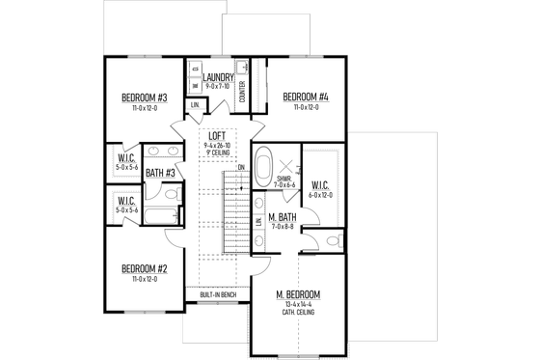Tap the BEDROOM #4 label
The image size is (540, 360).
305,97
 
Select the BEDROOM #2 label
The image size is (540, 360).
144,269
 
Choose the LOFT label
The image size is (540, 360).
217,137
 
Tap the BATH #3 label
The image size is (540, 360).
159,174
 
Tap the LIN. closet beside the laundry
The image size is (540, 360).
196,104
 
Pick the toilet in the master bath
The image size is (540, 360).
331,240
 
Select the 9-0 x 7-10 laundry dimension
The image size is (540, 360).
218,86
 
